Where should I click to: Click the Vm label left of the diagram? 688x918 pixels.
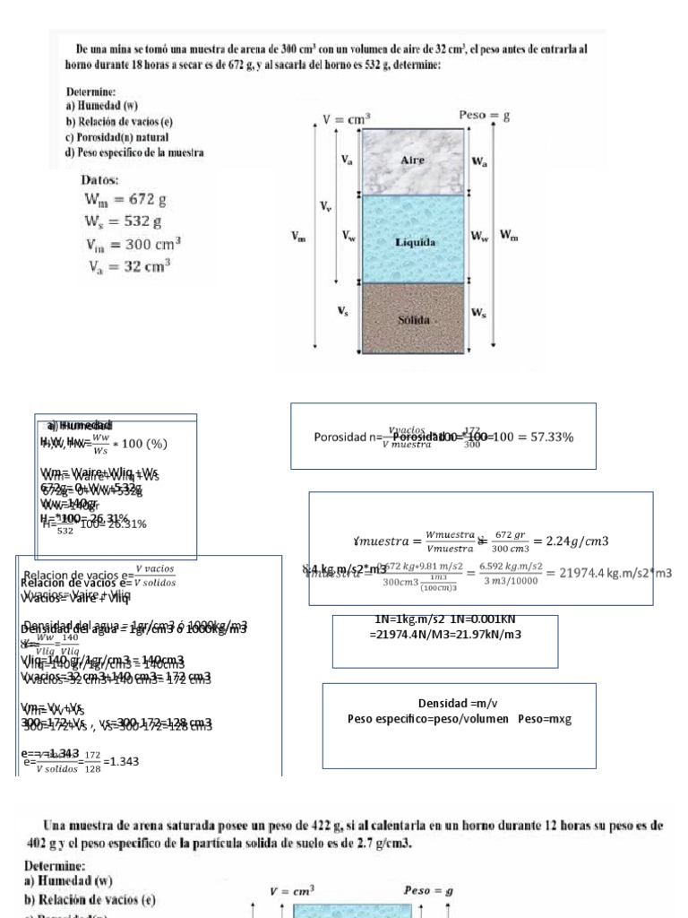297,237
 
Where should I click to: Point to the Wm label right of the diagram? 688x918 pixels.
508,236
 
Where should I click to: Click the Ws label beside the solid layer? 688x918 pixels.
479,313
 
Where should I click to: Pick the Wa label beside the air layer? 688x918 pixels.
479,161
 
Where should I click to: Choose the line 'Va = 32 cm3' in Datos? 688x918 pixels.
130,266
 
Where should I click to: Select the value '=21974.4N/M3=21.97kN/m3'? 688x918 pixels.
445,635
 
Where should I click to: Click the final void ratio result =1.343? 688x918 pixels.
122,761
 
